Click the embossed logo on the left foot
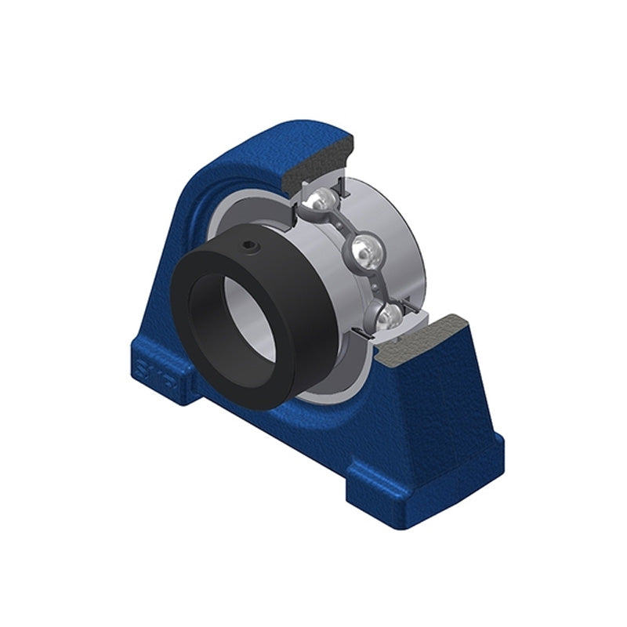click(150, 368)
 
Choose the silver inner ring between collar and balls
click(310, 251)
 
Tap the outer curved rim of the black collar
click(313, 345)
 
